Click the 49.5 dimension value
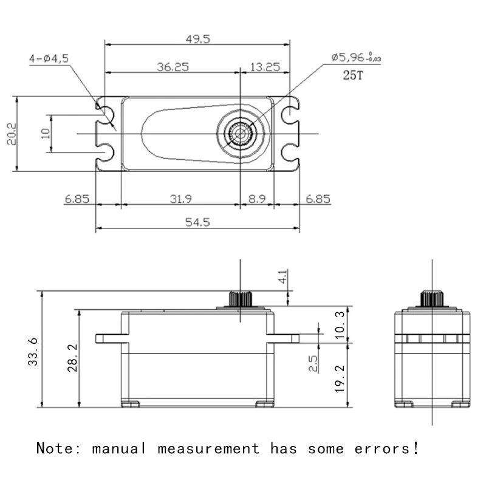pyautogui.click(x=197, y=39)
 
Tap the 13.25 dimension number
pyautogui.click(x=265, y=67)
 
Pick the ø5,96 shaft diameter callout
pyautogui.click(x=356, y=58)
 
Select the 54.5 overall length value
pyautogui.click(x=197, y=222)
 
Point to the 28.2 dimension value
pyautogui.click(x=71, y=358)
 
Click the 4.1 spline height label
pyautogui.click(x=284, y=278)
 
